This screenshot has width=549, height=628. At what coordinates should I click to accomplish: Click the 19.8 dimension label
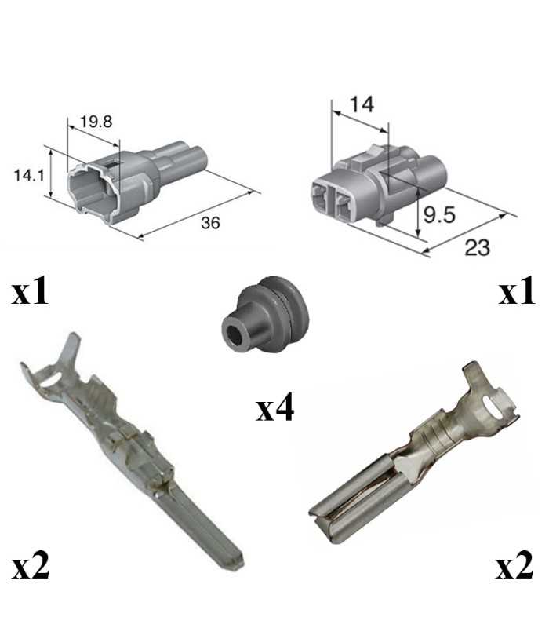tap(96, 122)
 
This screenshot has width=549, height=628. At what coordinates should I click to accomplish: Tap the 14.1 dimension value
tap(29, 175)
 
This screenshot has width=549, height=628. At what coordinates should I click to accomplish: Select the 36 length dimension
tap(210, 223)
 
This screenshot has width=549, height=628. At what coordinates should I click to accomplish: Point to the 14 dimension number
tap(362, 104)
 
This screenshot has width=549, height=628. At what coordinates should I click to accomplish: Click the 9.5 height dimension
tap(439, 214)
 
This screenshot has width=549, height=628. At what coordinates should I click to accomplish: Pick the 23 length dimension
tap(478, 247)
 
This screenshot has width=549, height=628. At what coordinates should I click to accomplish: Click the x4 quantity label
tap(275, 407)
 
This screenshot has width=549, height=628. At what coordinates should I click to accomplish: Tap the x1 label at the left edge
tap(30, 291)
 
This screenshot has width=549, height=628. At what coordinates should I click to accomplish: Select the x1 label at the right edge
tap(517, 290)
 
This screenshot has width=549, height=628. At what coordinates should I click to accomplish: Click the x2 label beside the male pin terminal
tap(31, 565)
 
